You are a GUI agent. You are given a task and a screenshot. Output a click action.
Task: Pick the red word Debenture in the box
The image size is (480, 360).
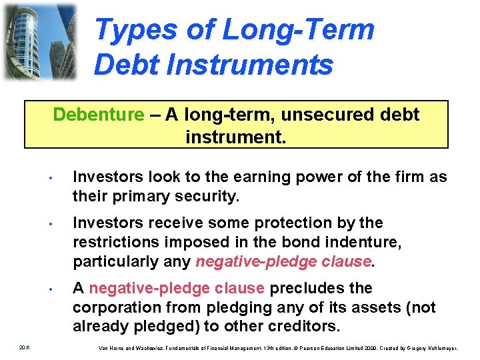click(98, 115)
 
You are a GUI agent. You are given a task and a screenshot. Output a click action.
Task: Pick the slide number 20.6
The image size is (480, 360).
click(24, 346)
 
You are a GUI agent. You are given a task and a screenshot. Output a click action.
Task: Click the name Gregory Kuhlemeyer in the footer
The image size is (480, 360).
click(445, 347)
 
